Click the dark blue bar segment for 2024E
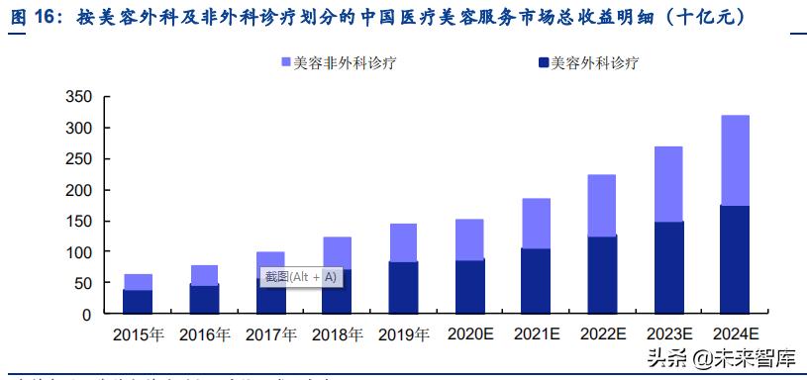pyautogui.click(x=735, y=259)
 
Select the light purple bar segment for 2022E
pyautogui.click(x=602, y=205)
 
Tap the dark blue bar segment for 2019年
pyautogui.click(x=403, y=287)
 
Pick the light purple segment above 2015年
pyautogui.click(x=138, y=282)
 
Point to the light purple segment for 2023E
pyautogui.click(x=668, y=184)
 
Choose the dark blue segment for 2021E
pyautogui.click(x=536, y=281)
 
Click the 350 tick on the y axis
pyautogui.click(x=78, y=97)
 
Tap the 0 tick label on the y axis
pyautogui.click(x=87, y=314)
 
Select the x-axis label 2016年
pyautogui.click(x=204, y=335)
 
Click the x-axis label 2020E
pyautogui.click(x=469, y=335)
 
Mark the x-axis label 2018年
pyautogui.click(x=337, y=335)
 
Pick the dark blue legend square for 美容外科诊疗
pyautogui.click(x=542, y=63)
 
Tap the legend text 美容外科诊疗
pyautogui.click(x=594, y=63)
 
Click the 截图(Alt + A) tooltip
pyautogui.click(x=300, y=277)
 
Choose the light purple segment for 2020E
pyautogui.click(x=469, y=239)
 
